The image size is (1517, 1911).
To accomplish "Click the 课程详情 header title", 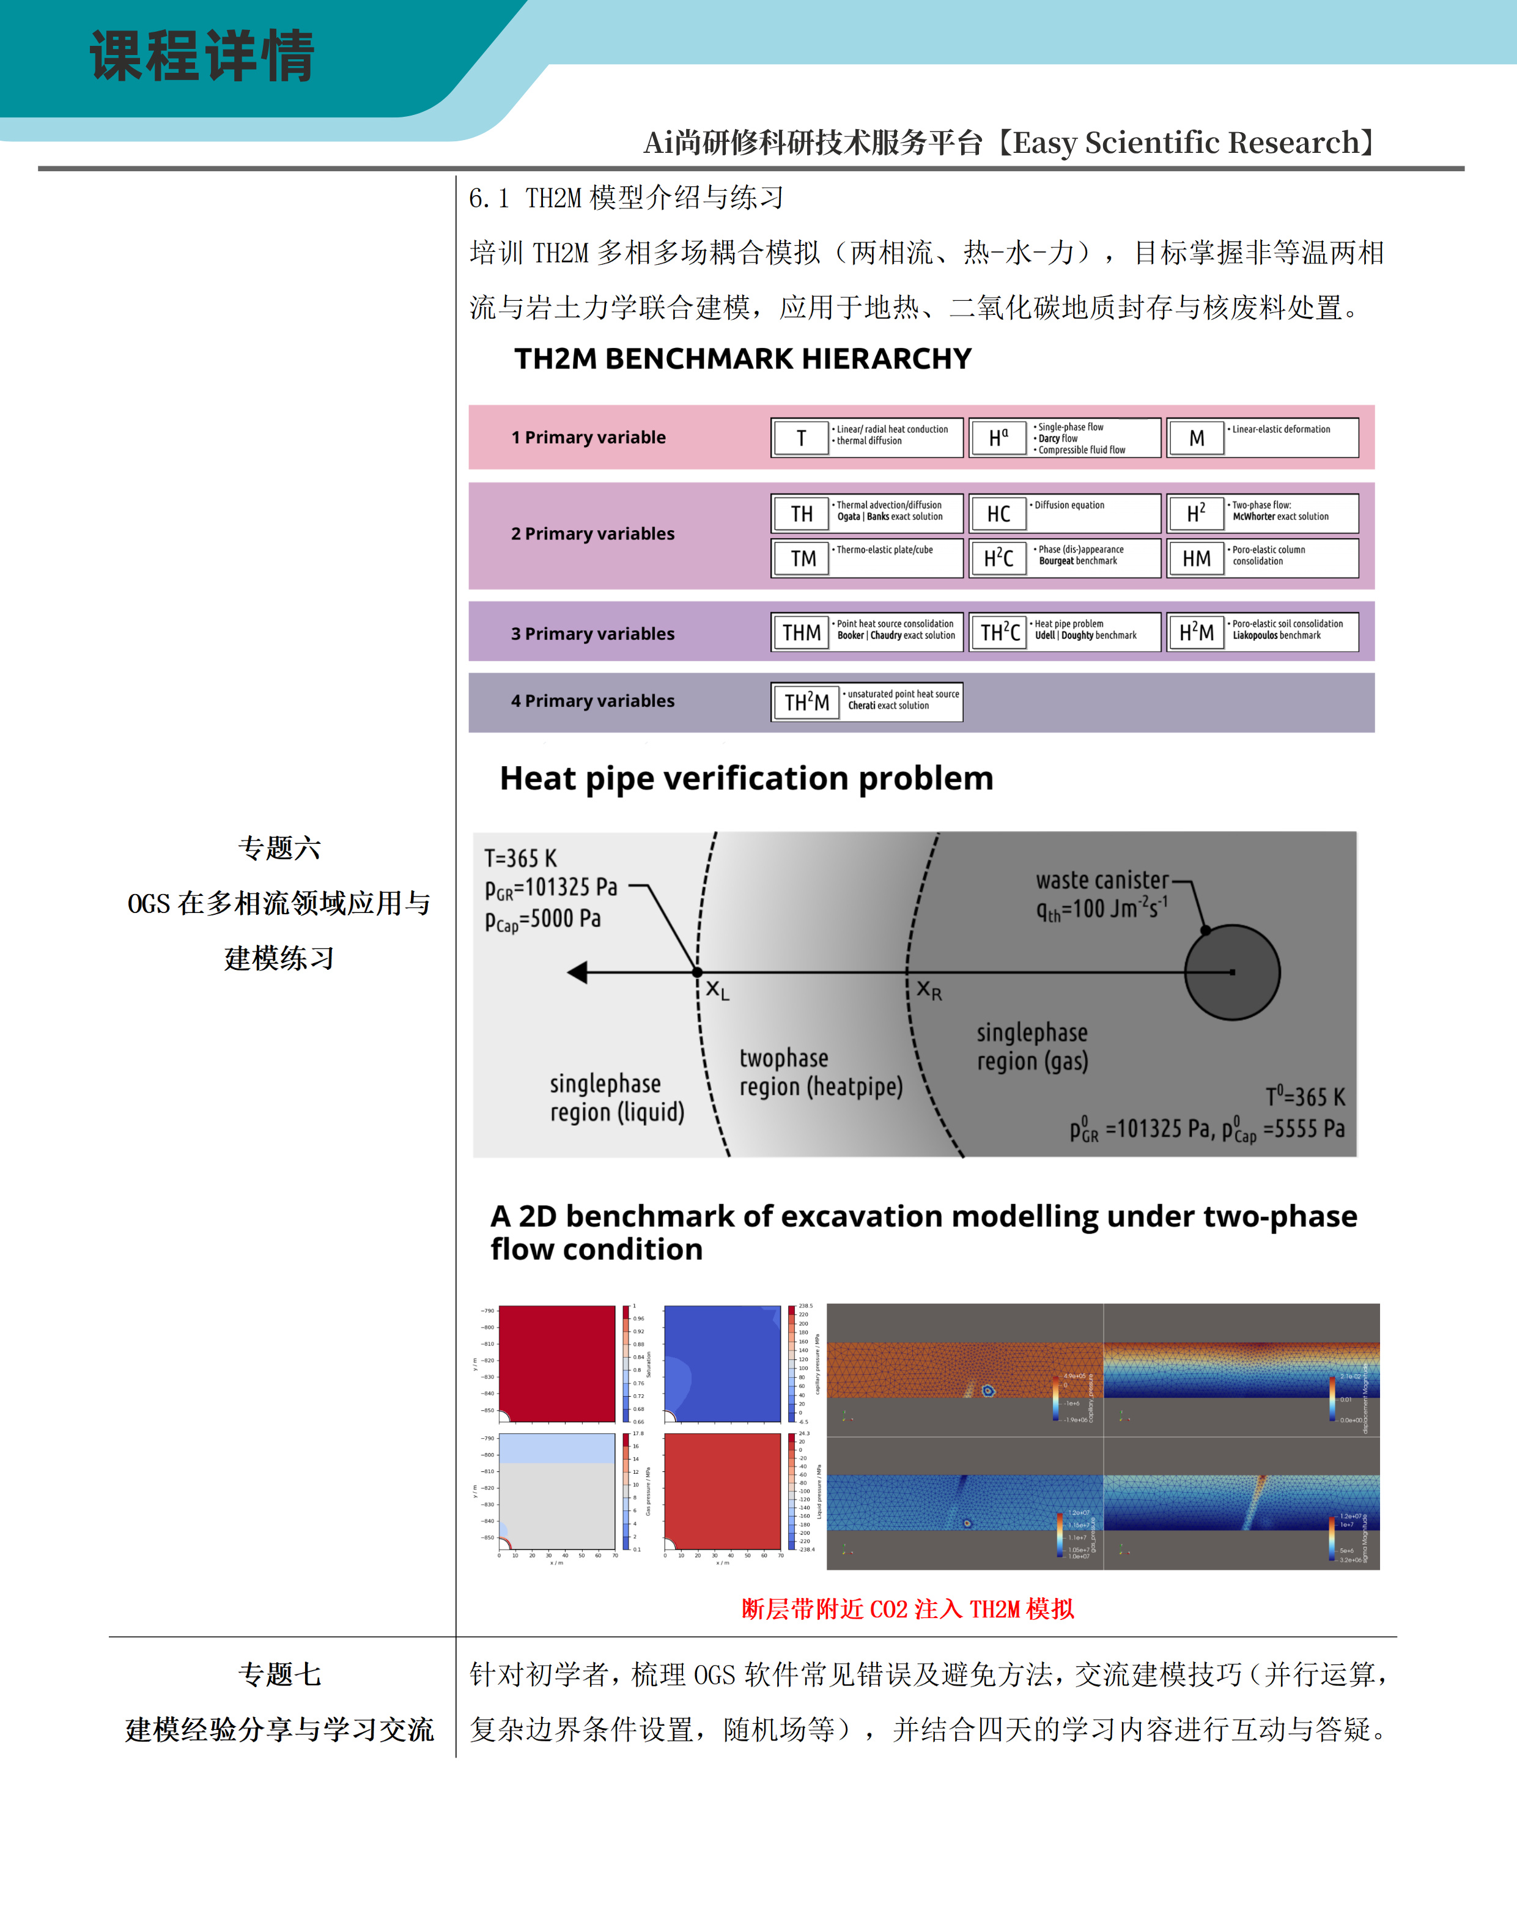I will [x=202, y=56].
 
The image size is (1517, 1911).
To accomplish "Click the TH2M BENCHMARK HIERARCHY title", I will [x=742, y=359].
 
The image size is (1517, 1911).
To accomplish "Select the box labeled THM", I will [x=801, y=632].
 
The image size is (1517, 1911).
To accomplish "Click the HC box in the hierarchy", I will [x=998, y=514].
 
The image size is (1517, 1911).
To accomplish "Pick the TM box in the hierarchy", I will [x=803, y=558].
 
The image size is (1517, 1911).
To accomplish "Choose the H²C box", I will [x=998, y=558].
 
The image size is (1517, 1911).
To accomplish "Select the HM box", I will [x=1196, y=558].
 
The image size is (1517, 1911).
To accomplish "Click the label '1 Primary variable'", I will [x=588, y=437].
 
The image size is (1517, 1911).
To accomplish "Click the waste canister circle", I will [x=1231, y=972].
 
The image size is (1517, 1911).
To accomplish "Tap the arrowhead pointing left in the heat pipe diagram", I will [x=578, y=972].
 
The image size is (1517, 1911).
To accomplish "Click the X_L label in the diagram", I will [x=717, y=990].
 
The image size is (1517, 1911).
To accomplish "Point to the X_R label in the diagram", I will [x=929, y=990].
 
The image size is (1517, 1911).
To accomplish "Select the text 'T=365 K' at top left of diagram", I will [x=520, y=858].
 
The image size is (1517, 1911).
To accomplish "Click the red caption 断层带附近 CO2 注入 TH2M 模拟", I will [x=907, y=1609].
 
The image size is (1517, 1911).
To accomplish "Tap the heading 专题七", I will [x=279, y=1674].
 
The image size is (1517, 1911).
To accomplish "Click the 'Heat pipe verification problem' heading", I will [x=746, y=778].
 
